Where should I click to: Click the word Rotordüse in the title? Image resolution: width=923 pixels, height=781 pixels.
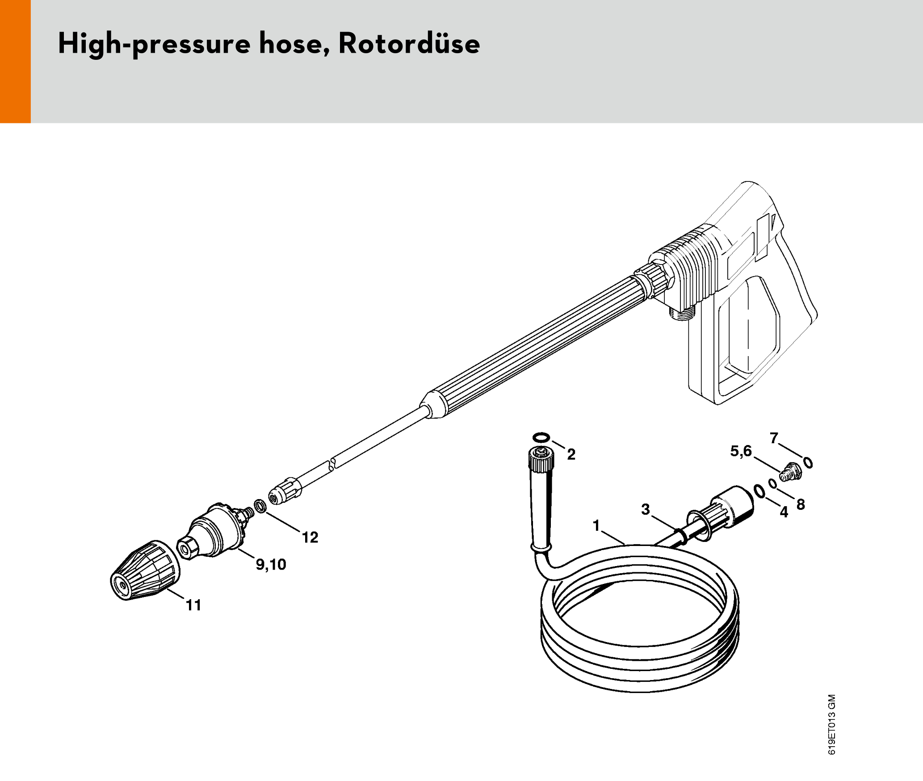pos(409,43)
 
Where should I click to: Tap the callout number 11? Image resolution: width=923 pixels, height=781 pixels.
pos(193,605)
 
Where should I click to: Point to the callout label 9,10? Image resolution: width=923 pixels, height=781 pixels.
pos(271,565)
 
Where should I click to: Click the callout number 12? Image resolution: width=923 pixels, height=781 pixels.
pos(310,537)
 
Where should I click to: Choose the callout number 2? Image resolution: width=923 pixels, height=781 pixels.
pos(571,454)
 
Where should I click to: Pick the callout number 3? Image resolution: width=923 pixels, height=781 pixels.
pos(646,509)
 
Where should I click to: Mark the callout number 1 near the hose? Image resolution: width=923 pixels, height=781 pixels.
pos(596,525)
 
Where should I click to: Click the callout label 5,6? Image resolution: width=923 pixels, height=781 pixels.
pos(741,452)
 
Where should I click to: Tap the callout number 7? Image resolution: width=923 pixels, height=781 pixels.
pos(774,438)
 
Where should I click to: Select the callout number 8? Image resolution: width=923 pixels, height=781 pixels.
pos(801,504)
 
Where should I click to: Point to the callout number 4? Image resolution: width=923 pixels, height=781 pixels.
pos(784,512)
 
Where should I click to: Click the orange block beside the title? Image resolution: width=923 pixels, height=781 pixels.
pos(15,61)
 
